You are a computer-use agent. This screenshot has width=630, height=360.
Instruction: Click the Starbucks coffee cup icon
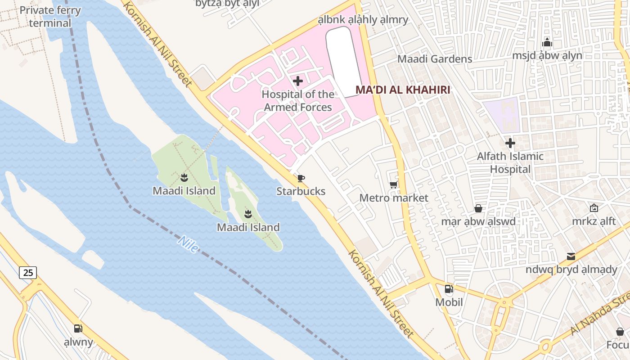301,179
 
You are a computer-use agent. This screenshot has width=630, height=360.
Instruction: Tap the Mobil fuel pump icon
449,289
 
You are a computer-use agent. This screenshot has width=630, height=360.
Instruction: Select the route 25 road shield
28,272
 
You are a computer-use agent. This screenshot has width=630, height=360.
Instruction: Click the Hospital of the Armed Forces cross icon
298,81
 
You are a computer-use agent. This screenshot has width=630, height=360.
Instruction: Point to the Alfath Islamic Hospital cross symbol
510,144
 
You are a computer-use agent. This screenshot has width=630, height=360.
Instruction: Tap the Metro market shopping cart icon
393,185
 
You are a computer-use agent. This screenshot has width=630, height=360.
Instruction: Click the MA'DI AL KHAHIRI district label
403,90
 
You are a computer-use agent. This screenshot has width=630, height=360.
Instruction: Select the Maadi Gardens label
435,59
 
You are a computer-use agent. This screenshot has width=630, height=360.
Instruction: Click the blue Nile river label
188,244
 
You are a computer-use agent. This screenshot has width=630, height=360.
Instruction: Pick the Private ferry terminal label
50,17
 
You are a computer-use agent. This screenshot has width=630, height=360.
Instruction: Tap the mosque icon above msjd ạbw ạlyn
547,43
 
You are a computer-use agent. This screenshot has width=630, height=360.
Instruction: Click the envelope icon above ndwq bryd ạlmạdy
571,256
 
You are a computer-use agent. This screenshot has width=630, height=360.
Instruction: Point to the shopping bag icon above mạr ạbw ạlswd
478,208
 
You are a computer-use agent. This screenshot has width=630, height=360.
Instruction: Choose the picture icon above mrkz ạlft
594,208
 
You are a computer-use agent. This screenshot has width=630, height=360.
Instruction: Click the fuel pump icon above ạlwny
78,328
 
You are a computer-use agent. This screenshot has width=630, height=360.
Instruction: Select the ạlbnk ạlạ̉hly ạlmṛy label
363,20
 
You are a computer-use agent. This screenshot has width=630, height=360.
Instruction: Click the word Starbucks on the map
301,191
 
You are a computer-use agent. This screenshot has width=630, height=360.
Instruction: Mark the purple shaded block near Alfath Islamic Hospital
502,115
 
